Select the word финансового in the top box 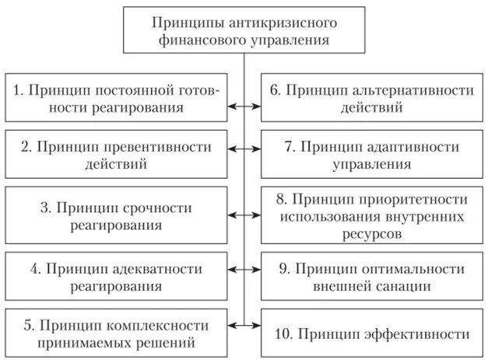tap(192, 39)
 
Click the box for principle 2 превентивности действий tap(116, 154)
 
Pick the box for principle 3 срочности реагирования tap(116, 216)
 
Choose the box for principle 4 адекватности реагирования tap(116, 276)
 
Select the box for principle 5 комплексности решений tap(116, 332)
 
